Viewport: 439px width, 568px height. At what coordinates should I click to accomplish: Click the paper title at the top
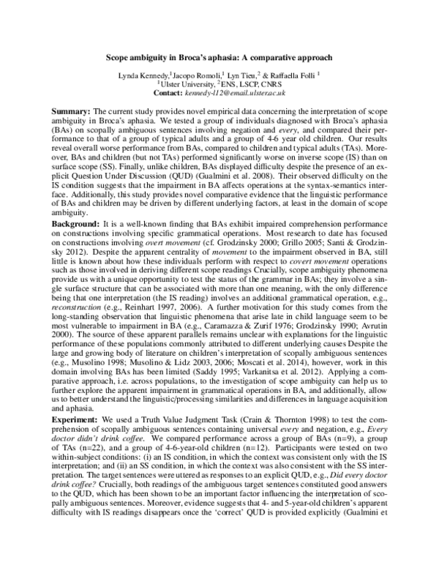click(219, 56)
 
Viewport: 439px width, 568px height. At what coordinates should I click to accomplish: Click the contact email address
click(239, 93)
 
